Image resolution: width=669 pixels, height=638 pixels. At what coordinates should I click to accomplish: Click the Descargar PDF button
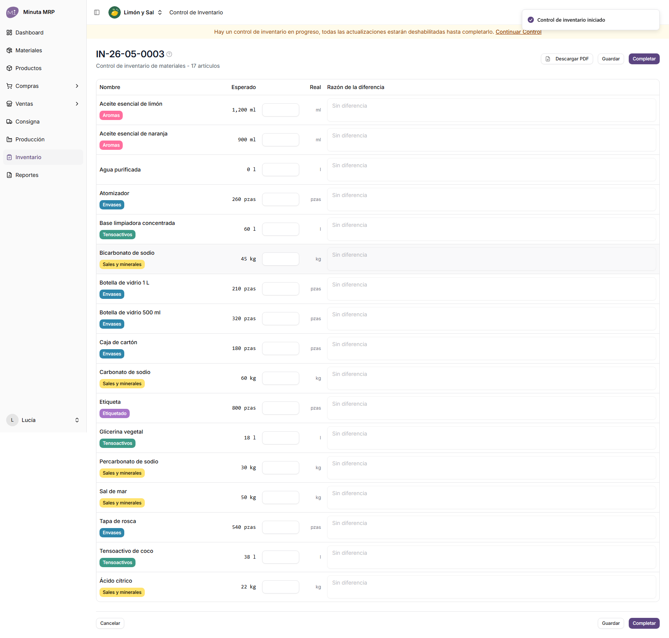tap(567, 59)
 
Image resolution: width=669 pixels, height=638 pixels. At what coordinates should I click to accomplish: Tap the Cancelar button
tap(110, 623)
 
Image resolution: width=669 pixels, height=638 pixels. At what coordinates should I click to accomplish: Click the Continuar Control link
tap(518, 32)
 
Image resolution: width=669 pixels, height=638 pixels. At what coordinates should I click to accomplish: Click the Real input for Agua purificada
tap(281, 170)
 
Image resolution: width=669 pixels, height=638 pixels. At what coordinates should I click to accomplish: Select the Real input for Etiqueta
tap(281, 408)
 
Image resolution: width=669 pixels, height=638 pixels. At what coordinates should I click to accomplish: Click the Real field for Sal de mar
tap(281, 497)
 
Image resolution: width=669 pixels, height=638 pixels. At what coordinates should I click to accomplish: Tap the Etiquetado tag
tap(115, 413)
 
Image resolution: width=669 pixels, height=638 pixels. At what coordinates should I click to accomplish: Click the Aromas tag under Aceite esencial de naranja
tap(111, 145)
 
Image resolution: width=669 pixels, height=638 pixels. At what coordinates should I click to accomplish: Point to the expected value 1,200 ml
tap(244, 110)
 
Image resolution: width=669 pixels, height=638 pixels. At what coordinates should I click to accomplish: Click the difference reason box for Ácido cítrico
tap(491, 587)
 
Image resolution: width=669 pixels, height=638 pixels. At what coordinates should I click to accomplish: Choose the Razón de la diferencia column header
tap(356, 87)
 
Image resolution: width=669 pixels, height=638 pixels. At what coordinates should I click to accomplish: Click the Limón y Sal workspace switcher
tap(136, 12)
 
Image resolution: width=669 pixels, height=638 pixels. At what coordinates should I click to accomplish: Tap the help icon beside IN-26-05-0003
tap(169, 54)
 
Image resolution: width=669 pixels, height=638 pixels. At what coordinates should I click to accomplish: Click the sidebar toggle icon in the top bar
tap(97, 12)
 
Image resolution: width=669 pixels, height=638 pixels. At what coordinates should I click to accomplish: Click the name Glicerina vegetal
tap(121, 432)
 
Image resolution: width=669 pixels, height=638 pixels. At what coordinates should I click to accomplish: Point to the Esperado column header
tap(244, 87)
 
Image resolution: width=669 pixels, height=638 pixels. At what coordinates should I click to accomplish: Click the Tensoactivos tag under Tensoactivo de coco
tap(117, 563)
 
